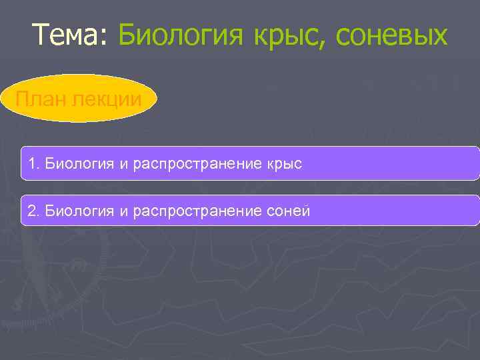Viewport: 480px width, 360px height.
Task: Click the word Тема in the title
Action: click(x=65, y=35)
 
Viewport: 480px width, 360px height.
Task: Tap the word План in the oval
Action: click(x=39, y=99)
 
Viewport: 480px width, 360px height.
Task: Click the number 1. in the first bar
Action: click(x=33, y=163)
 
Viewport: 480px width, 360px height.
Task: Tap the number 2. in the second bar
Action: click(x=33, y=211)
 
